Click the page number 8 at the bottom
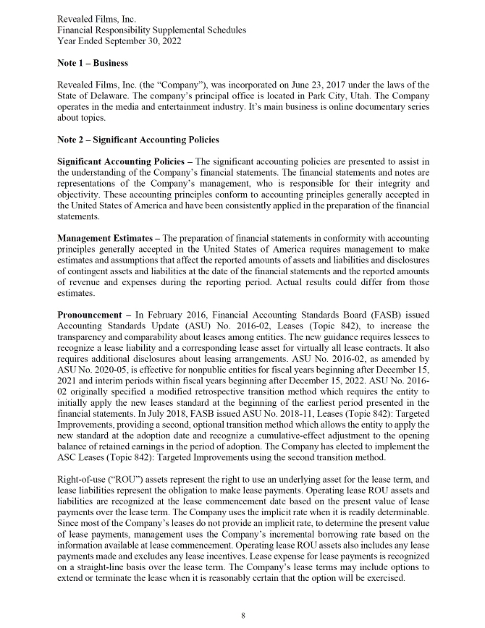coord(243,615)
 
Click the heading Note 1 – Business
coord(93,63)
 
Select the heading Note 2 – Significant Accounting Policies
coord(138,139)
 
